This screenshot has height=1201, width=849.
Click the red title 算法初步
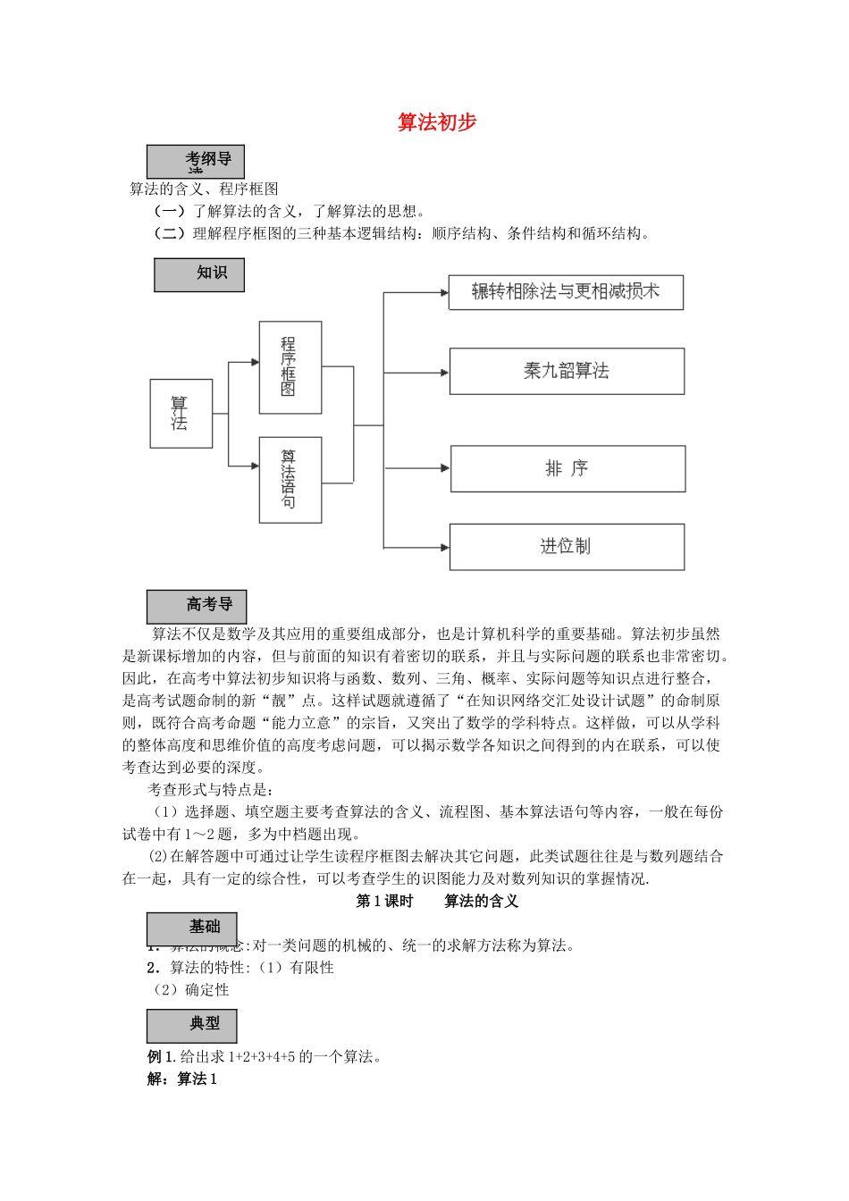[437, 123]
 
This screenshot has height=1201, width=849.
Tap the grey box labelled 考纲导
[196, 162]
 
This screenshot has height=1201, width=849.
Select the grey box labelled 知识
[199, 274]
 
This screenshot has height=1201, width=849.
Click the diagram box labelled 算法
[181, 413]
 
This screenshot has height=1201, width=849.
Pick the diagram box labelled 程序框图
[290, 367]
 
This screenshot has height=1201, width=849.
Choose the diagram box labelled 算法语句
[290, 479]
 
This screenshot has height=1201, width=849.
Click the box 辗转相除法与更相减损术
[566, 292]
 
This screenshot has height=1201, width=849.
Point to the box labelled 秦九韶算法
[567, 371]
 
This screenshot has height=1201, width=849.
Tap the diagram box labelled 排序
[567, 468]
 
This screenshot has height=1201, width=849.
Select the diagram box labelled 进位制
[567, 546]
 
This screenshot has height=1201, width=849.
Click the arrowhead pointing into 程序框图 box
[255, 362]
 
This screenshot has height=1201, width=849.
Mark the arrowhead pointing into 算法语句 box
[255, 466]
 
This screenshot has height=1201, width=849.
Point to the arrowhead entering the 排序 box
[445, 467]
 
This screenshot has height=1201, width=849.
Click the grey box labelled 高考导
[197, 607]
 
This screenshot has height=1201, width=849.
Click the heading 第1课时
[384, 902]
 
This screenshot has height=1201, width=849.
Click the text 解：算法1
[182, 1079]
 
